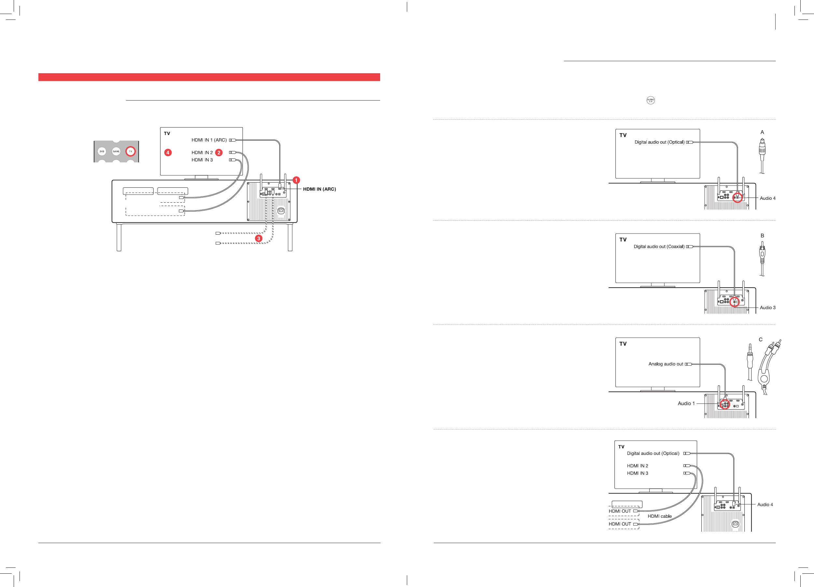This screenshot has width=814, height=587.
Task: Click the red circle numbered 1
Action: pos(296,180)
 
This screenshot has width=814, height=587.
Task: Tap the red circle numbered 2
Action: pos(219,153)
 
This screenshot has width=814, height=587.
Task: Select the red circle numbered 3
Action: pos(258,238)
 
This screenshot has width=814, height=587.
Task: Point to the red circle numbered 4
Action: pos(168,153)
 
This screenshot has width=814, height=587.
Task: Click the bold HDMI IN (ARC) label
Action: pos(319,189)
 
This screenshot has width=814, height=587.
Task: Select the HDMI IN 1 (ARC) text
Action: pos(209,140)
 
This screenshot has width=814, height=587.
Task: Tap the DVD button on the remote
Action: pos(102,151)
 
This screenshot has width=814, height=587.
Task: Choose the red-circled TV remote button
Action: pos(130,151)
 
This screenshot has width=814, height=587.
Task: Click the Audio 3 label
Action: pos(767,307)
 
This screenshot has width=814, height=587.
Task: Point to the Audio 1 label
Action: pos(686,403)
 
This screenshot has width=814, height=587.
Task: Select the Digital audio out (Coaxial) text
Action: pos(659,247)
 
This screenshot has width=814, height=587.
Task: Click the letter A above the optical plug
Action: pos(762,132)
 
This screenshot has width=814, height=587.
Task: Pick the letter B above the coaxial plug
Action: pos(762,236)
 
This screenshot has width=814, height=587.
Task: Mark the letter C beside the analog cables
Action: pos(760,339)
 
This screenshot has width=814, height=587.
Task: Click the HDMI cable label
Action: pos(659,516)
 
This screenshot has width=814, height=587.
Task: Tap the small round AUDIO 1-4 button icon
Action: pos(650,100)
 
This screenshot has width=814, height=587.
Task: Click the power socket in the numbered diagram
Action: pos(281,211)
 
